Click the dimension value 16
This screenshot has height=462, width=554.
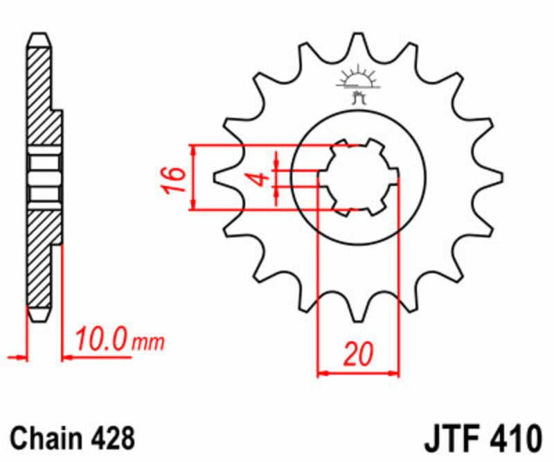click(x=177, y=178)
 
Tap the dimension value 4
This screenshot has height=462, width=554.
click(x=260, y=178)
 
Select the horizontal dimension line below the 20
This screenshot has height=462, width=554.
click(x=358, y=373)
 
